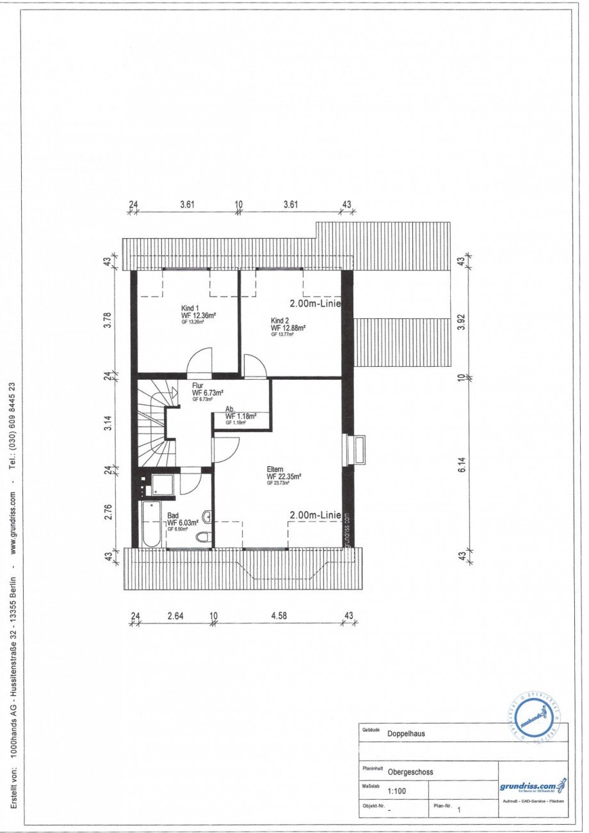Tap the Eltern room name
(276, 469)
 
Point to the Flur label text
(198, 385)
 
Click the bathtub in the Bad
(151, 524)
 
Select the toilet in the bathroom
(203, 537)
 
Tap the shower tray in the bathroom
(163, 485)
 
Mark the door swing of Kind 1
(200, 360)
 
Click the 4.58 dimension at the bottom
(278, 616)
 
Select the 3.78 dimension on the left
(108, 319)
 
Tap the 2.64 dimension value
(175, 616)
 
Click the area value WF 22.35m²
(284, 476)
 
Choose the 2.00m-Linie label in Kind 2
(315, 304)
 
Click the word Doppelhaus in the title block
(406, 734)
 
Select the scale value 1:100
(397, 791)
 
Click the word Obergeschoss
(410, 772)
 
